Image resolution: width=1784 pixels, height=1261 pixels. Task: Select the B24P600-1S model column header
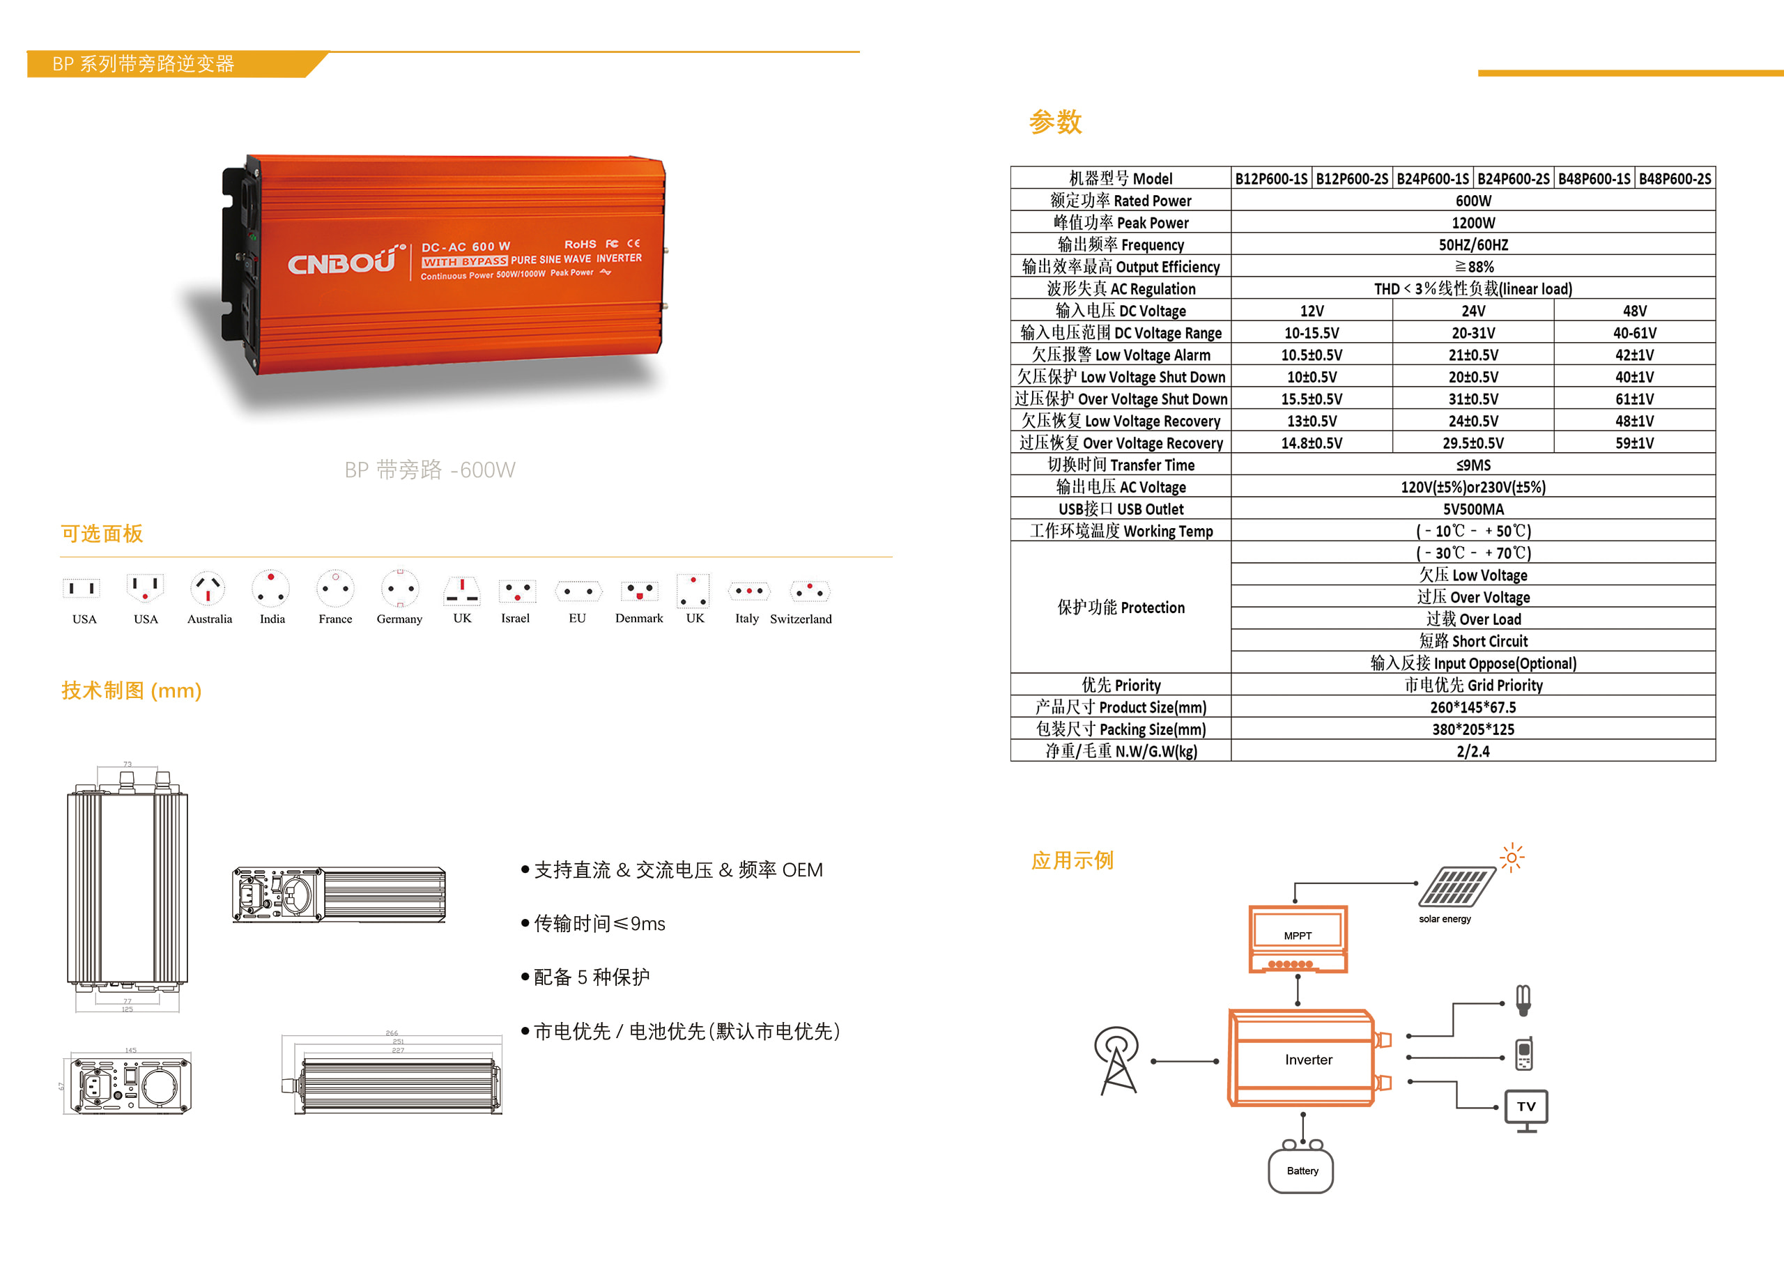coord(1432,179)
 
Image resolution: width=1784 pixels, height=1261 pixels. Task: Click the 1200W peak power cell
coord(1472,223)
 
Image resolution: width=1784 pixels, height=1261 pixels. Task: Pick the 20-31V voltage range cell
coord(1472,333)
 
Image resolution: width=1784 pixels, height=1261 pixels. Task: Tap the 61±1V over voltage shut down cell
coord(1634,399)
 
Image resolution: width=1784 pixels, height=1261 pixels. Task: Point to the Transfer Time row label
coord(1120,465)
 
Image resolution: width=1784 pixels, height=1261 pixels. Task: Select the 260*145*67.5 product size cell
coord(1472,708)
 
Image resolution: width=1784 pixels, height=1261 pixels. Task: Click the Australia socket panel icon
coord(208,589)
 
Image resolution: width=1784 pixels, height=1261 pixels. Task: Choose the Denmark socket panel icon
coord(639,591)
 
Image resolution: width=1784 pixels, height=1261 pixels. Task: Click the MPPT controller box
coord(1297,938)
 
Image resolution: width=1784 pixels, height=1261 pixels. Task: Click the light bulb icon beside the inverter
coord(1523,999)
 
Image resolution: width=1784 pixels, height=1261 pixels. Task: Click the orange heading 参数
coord(1054,122)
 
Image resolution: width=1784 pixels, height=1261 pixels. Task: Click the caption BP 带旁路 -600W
coord(430,470)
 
